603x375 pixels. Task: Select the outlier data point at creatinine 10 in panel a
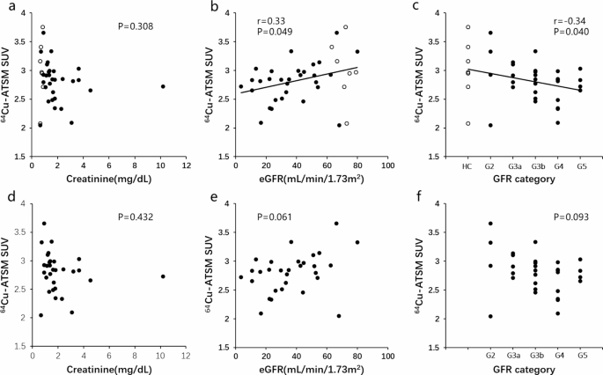click(x=163, y=86)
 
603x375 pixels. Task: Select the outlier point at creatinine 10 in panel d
click(x=163, y=276)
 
